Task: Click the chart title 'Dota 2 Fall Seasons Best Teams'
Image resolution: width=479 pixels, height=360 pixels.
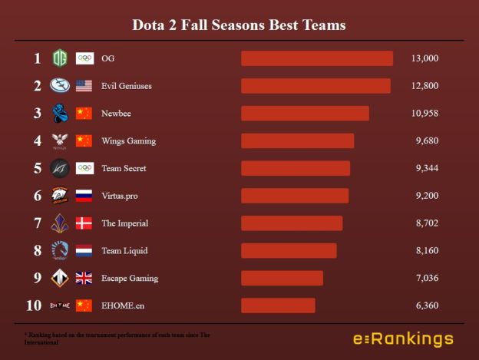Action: click(x=239, y=25)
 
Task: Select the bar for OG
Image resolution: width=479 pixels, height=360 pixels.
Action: click(x=316, y=58)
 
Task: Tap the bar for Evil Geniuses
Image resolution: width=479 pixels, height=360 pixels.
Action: click(x=315, y=86)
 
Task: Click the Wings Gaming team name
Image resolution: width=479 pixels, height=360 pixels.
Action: click(x=128, y=141)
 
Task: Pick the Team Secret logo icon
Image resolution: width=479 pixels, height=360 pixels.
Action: click(x=59, y=168)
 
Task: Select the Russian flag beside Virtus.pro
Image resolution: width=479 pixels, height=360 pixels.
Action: click(x=84, y=196)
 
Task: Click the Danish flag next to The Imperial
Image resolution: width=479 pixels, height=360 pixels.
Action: click(x=84, y=223)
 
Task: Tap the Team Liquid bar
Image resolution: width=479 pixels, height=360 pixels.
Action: click(x=289, y=251)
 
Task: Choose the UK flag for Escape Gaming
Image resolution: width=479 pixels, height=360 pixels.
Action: click(x=84, y=278)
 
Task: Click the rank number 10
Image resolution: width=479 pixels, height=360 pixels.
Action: click(x=34, y=306)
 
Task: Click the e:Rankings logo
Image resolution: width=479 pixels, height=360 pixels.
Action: click(x=403, y=339)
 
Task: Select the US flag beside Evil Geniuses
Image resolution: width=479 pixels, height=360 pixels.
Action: click(x=84, y=86)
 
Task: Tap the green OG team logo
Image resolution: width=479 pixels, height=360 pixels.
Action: click(x=59, y=58)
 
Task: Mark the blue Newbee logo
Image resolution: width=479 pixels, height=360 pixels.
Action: click(x=59, y=114)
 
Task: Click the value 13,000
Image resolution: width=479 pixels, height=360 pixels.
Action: click(x=424, y=58)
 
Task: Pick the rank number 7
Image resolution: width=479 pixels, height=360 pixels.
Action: click(x=37, y=223)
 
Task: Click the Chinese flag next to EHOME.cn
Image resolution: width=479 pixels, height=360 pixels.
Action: click(x=84, y=306)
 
